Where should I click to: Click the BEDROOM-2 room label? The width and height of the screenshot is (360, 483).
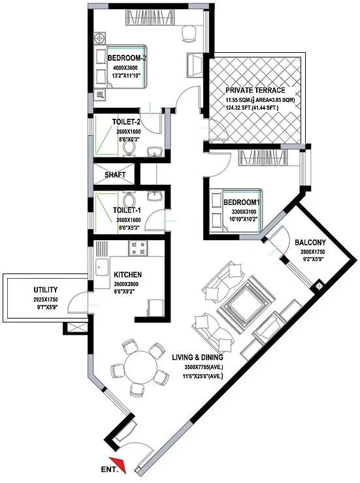click(x=127, y=58)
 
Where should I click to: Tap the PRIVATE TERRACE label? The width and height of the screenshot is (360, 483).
click(x=255, y=90)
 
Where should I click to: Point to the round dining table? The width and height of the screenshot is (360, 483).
click(x=140, y=367)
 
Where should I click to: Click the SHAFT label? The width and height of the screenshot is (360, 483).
click(x=115, y=175)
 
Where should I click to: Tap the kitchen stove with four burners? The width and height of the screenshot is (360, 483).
click(x=138, y=248)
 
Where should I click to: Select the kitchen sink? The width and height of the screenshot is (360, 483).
click(x=102, y=267)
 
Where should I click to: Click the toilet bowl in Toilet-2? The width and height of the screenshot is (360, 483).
click(x=129, y=149)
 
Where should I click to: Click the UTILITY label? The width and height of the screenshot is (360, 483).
click(x=46, y=290)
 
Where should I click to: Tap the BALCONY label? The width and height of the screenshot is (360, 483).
click(x=310, y=242)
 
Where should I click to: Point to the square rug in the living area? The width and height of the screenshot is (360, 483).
click(x=244, y=304)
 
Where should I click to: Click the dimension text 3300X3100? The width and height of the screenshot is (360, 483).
click(x=244, y=212)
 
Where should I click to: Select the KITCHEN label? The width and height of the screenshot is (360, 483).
click(x=128, y=274)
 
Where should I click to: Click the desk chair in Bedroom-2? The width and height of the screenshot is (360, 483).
click(x=189, y=33)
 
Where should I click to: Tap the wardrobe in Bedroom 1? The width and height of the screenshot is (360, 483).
click(x=263, y=158)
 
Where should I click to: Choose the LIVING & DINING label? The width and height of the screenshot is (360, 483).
click(x=197, y=357)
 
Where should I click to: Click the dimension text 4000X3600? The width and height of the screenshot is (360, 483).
click(x=125, y=68)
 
